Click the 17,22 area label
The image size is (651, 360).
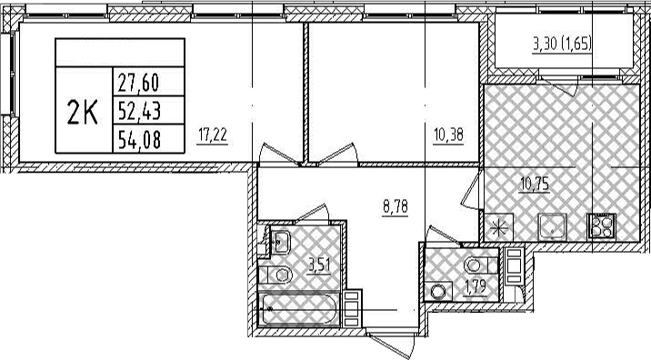click(213, 135)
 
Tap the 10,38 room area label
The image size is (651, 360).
click(448, 135)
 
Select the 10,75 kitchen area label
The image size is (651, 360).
click(536, 183)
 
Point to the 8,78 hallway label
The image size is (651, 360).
click(395, 206)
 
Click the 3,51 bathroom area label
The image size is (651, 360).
click(319, 265)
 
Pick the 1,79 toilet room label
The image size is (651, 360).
click(476, 287)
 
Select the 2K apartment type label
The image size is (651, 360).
click(83, 113)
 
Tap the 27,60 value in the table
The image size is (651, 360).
click(139, 83)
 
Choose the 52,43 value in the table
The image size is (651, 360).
click(139, 110)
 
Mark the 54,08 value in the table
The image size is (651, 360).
click(139, 139)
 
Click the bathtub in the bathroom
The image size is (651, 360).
click(299, 309)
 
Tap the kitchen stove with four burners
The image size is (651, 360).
click(601, 226)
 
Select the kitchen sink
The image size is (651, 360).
click(552, 227)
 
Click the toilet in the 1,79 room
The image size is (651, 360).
click(480, 265)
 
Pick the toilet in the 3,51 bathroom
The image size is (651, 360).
click(275, 275)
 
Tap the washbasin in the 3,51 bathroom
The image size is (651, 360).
click(280, 241)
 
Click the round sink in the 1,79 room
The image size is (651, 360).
click(438, 291)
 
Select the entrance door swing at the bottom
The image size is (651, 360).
click(389, 344)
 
